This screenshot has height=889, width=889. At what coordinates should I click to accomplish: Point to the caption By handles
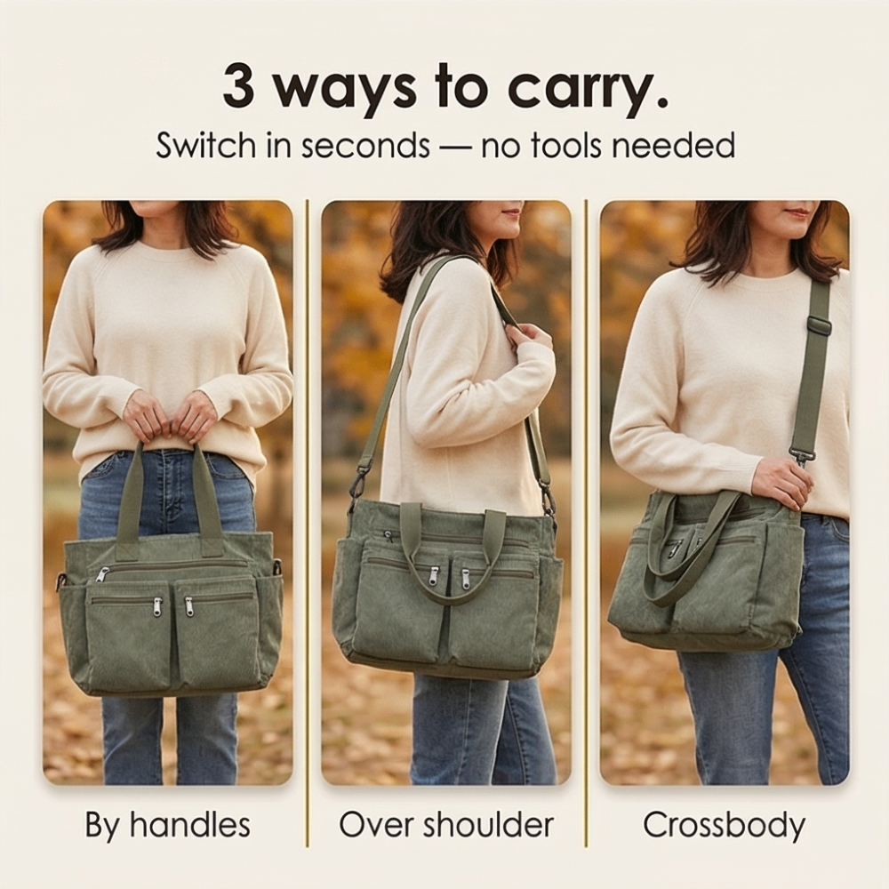point(168,825)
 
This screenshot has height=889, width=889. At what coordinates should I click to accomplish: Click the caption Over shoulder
point(446,825)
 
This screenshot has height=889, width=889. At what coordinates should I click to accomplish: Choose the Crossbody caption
point(724,826)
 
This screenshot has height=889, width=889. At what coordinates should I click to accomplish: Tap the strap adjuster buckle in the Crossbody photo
point(820,326)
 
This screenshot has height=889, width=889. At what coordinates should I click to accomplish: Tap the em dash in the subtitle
point(454,148)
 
